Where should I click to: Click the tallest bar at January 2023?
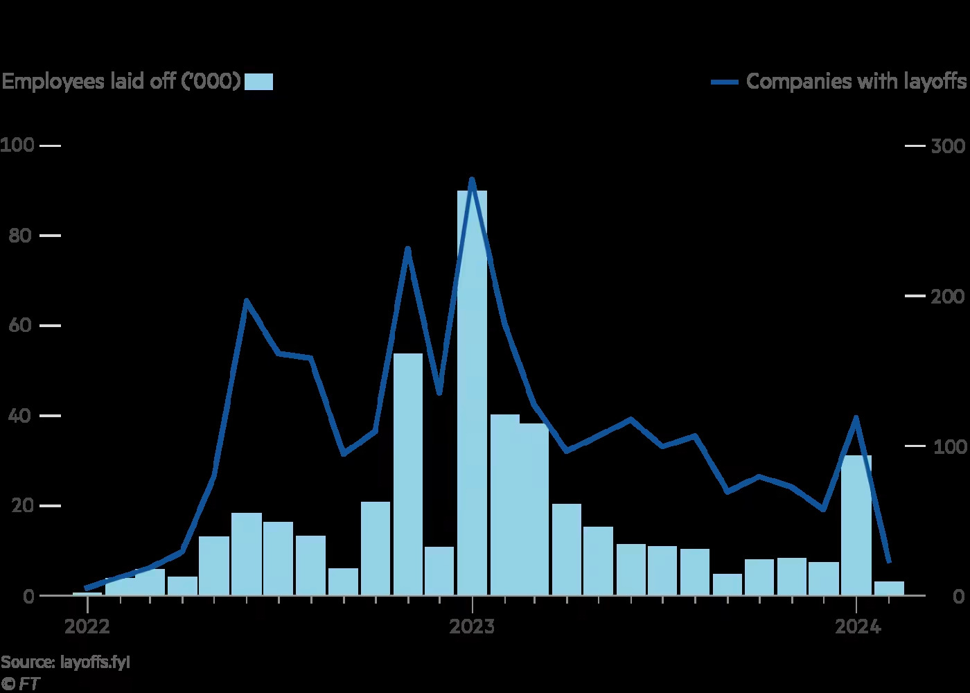[472, 392]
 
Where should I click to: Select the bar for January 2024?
[856, 525]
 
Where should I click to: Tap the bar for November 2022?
[408, 474]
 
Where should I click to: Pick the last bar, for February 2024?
[889, 588]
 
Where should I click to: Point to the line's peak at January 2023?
[472, 179]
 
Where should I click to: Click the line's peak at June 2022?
[247, 300]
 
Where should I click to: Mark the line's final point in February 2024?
[889, 561]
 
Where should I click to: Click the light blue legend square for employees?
[259, 82]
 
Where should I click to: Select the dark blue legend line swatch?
[725, 82]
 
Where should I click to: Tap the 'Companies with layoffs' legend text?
[856, 82]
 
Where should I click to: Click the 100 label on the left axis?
[17, 146]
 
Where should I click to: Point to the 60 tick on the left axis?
[50, 326]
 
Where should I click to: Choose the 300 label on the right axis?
[949, 146]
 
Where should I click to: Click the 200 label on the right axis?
[949, 297]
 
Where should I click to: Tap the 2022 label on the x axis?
[87, 627]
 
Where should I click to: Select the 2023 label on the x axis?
[472, 627]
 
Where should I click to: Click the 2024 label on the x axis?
[857, 627]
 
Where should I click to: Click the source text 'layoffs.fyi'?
[95, 662]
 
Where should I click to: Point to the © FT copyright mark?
[20, 683]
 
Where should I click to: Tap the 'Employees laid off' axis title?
[121, 82]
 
